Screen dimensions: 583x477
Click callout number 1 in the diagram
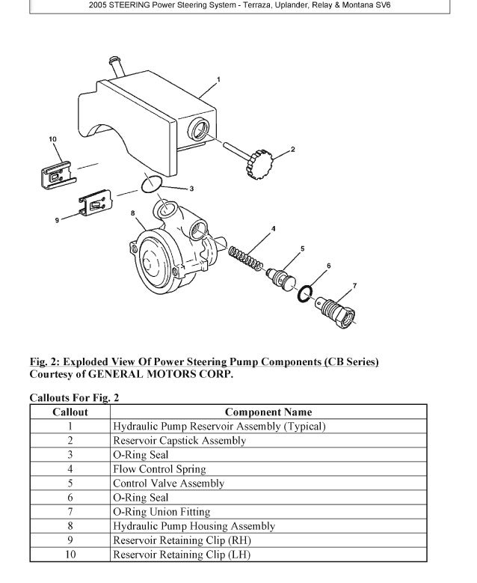[218, 79]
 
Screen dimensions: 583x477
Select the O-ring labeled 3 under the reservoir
[153, 183]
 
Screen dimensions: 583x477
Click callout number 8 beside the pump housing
[133, 213]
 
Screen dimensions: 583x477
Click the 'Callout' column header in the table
[70, 412]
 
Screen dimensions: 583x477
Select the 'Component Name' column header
[268, 412]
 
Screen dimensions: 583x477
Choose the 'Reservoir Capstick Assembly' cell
[179, 441]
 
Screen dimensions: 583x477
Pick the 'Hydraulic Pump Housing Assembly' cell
[194, 526]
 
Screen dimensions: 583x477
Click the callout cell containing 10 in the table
[70, 555]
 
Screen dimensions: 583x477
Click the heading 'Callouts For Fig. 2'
[74, 397]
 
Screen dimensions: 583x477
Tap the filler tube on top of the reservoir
[115, 66]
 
